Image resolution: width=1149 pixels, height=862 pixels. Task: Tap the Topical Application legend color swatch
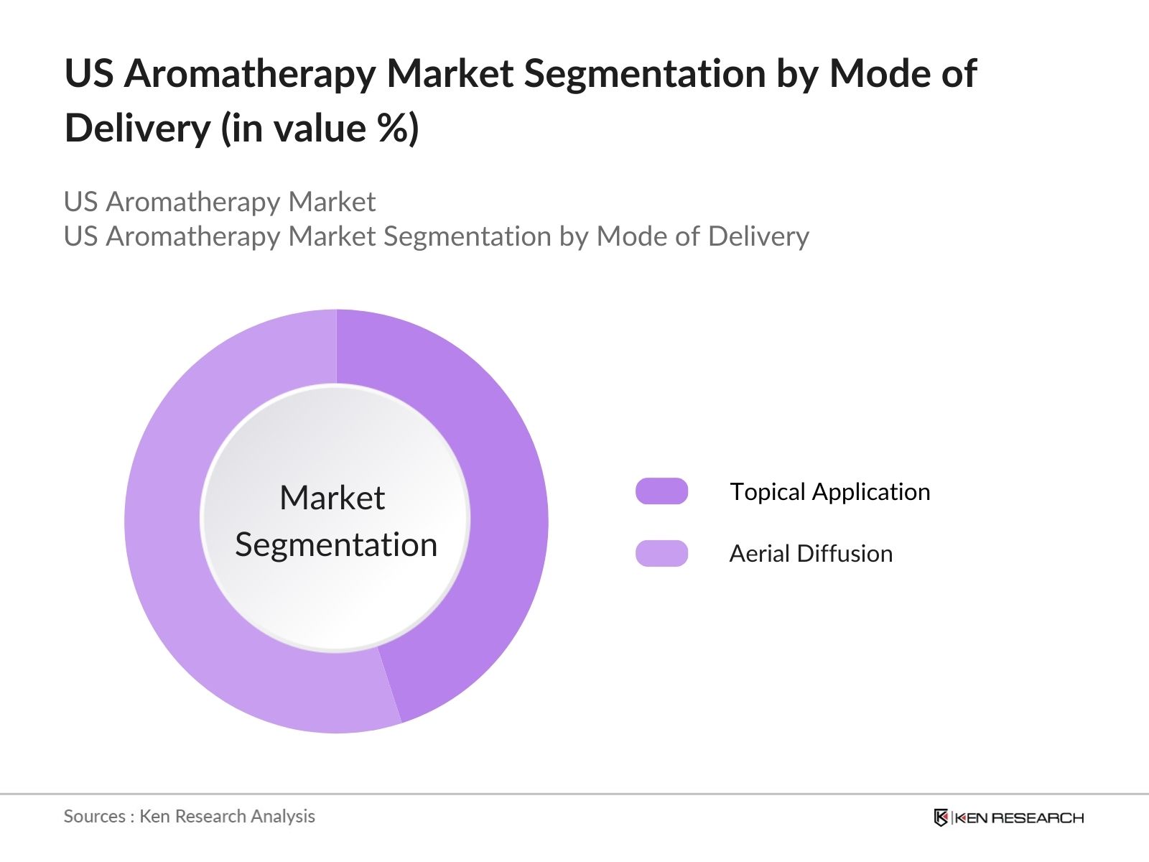click(x=661, y=491)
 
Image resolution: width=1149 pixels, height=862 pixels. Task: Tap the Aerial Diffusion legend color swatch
click(x=661, y=553)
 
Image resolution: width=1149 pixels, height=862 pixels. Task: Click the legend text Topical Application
click(x=829, y=492)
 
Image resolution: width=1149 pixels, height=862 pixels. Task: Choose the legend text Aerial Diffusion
click(x=811, y=554)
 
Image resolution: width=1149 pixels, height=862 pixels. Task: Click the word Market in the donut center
click(x=332, y=498)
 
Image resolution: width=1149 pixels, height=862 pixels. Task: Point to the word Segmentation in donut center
click(x=336, y=544)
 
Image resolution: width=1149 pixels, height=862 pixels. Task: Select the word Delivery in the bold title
click(x=137, y=129)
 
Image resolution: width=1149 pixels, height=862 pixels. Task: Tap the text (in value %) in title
click(x=320, y=129)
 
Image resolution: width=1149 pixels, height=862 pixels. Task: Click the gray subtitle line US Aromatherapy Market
click(x=219, y=202)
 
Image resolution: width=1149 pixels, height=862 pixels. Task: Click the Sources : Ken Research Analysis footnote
click(x=189, y=816)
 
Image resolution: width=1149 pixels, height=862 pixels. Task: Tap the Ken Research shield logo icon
click(x=941, y=817)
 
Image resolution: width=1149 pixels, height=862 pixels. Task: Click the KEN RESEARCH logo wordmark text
click(x=1018, y=817)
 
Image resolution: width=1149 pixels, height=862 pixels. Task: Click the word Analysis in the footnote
click(x=287, y=816)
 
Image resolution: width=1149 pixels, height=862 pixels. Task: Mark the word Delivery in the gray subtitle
click(x=758, y=236)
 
